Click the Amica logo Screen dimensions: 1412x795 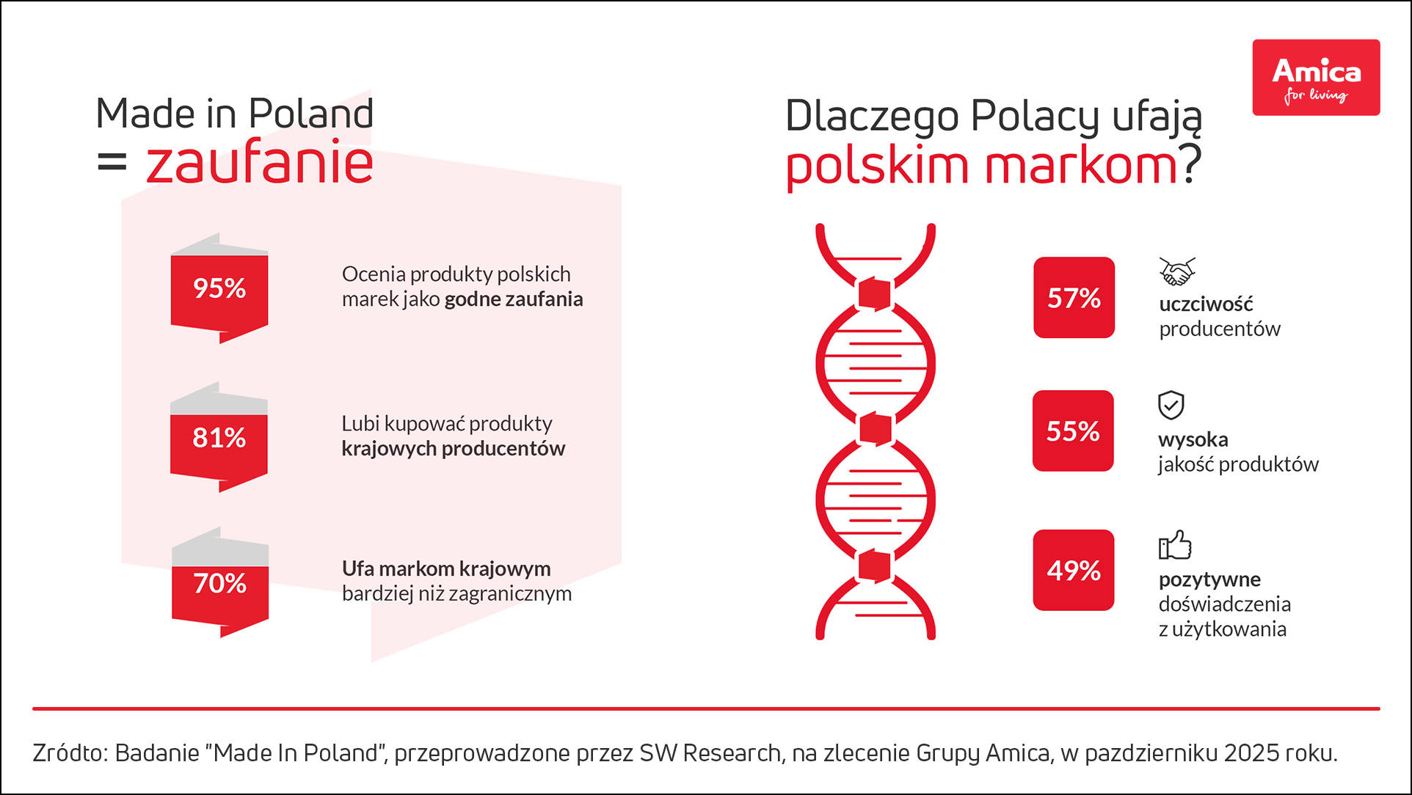tap(1316, 77)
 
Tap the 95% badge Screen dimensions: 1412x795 tap(219, 288)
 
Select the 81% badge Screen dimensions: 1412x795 tap(219, 438)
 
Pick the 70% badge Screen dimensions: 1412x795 tap(220, 583)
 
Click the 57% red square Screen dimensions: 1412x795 tap(1074, 298)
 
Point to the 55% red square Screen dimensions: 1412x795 tap(1073, 431)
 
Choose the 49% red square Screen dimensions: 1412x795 tap(1074, 570)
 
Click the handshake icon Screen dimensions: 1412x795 tap(1177, 271)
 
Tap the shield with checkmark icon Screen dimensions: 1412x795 tap(1171, 405)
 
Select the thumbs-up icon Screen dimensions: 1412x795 tap(1175, 545)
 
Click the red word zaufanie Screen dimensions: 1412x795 tap(260, 162)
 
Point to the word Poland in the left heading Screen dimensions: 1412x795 tap(311, 114)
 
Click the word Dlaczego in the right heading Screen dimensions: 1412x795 tap(872, 117)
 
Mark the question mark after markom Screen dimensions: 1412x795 tap(1192, 164)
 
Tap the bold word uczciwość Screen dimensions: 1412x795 tap(1206, 304)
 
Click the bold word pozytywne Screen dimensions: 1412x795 tap(1209, 579)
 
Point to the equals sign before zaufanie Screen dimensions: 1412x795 tap(112, 162)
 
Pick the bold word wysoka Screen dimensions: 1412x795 tap(1193, 439)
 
